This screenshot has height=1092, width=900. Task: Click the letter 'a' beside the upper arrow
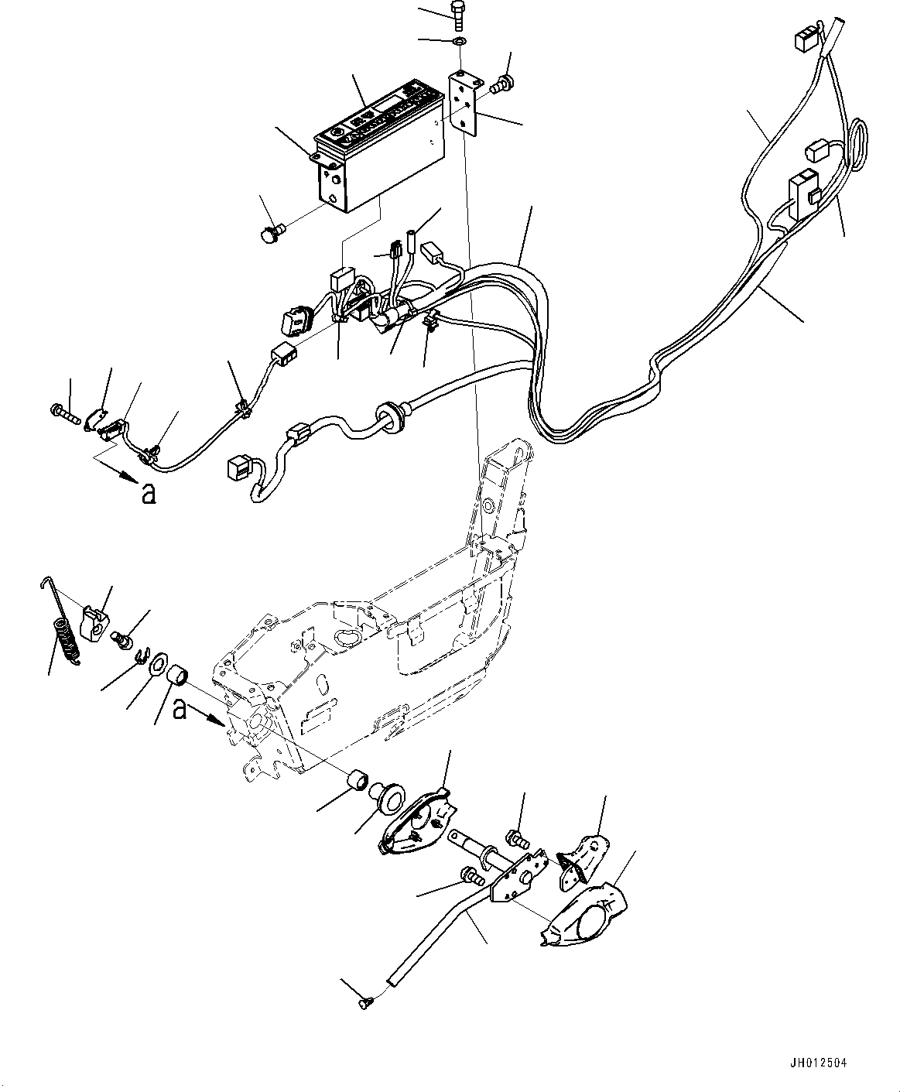pos(147,493)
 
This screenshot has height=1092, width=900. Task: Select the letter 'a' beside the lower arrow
pos(180,708)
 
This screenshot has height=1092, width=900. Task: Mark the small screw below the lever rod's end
pos(364,1005)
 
